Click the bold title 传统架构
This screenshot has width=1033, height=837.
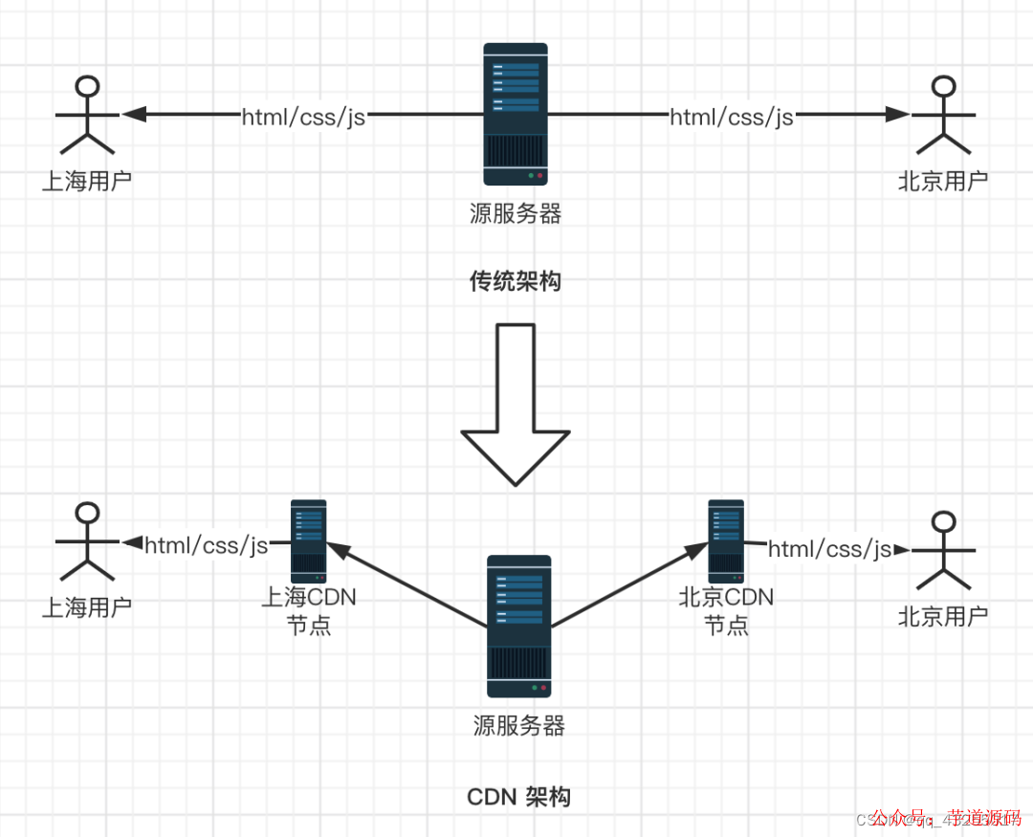(x=515, y=281)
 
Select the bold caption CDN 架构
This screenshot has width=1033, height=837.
(x=518, y=797)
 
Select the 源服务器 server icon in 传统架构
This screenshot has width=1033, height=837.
(x=516, y=114)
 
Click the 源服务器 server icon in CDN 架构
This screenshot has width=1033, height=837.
(x=518, y=627)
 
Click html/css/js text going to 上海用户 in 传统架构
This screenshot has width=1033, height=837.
(x=303, y=116)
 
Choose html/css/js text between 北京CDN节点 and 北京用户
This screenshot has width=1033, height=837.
(x=829, y=549)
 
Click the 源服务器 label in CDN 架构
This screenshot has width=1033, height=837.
(x=519, y=726)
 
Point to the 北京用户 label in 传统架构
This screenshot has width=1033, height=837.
(x=943, y=181)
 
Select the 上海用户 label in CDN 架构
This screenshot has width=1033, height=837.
(x=87, y=607)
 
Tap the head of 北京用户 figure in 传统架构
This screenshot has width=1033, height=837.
(x=943, y=87)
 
